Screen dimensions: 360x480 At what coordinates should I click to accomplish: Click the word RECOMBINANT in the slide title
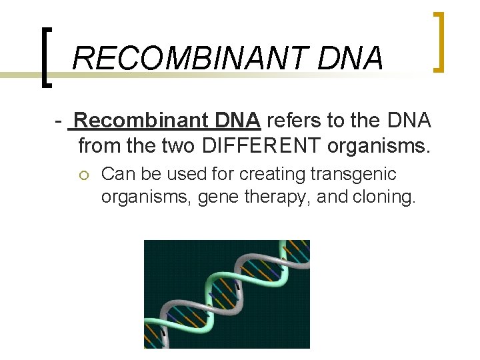[190, 58]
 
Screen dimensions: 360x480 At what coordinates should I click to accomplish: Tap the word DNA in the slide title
[351, 58]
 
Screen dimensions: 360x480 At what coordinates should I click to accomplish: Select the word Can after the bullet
[117, 175]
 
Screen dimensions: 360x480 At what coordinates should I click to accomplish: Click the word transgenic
[353, 175]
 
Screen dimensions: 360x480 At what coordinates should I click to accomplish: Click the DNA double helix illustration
[227, 294]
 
